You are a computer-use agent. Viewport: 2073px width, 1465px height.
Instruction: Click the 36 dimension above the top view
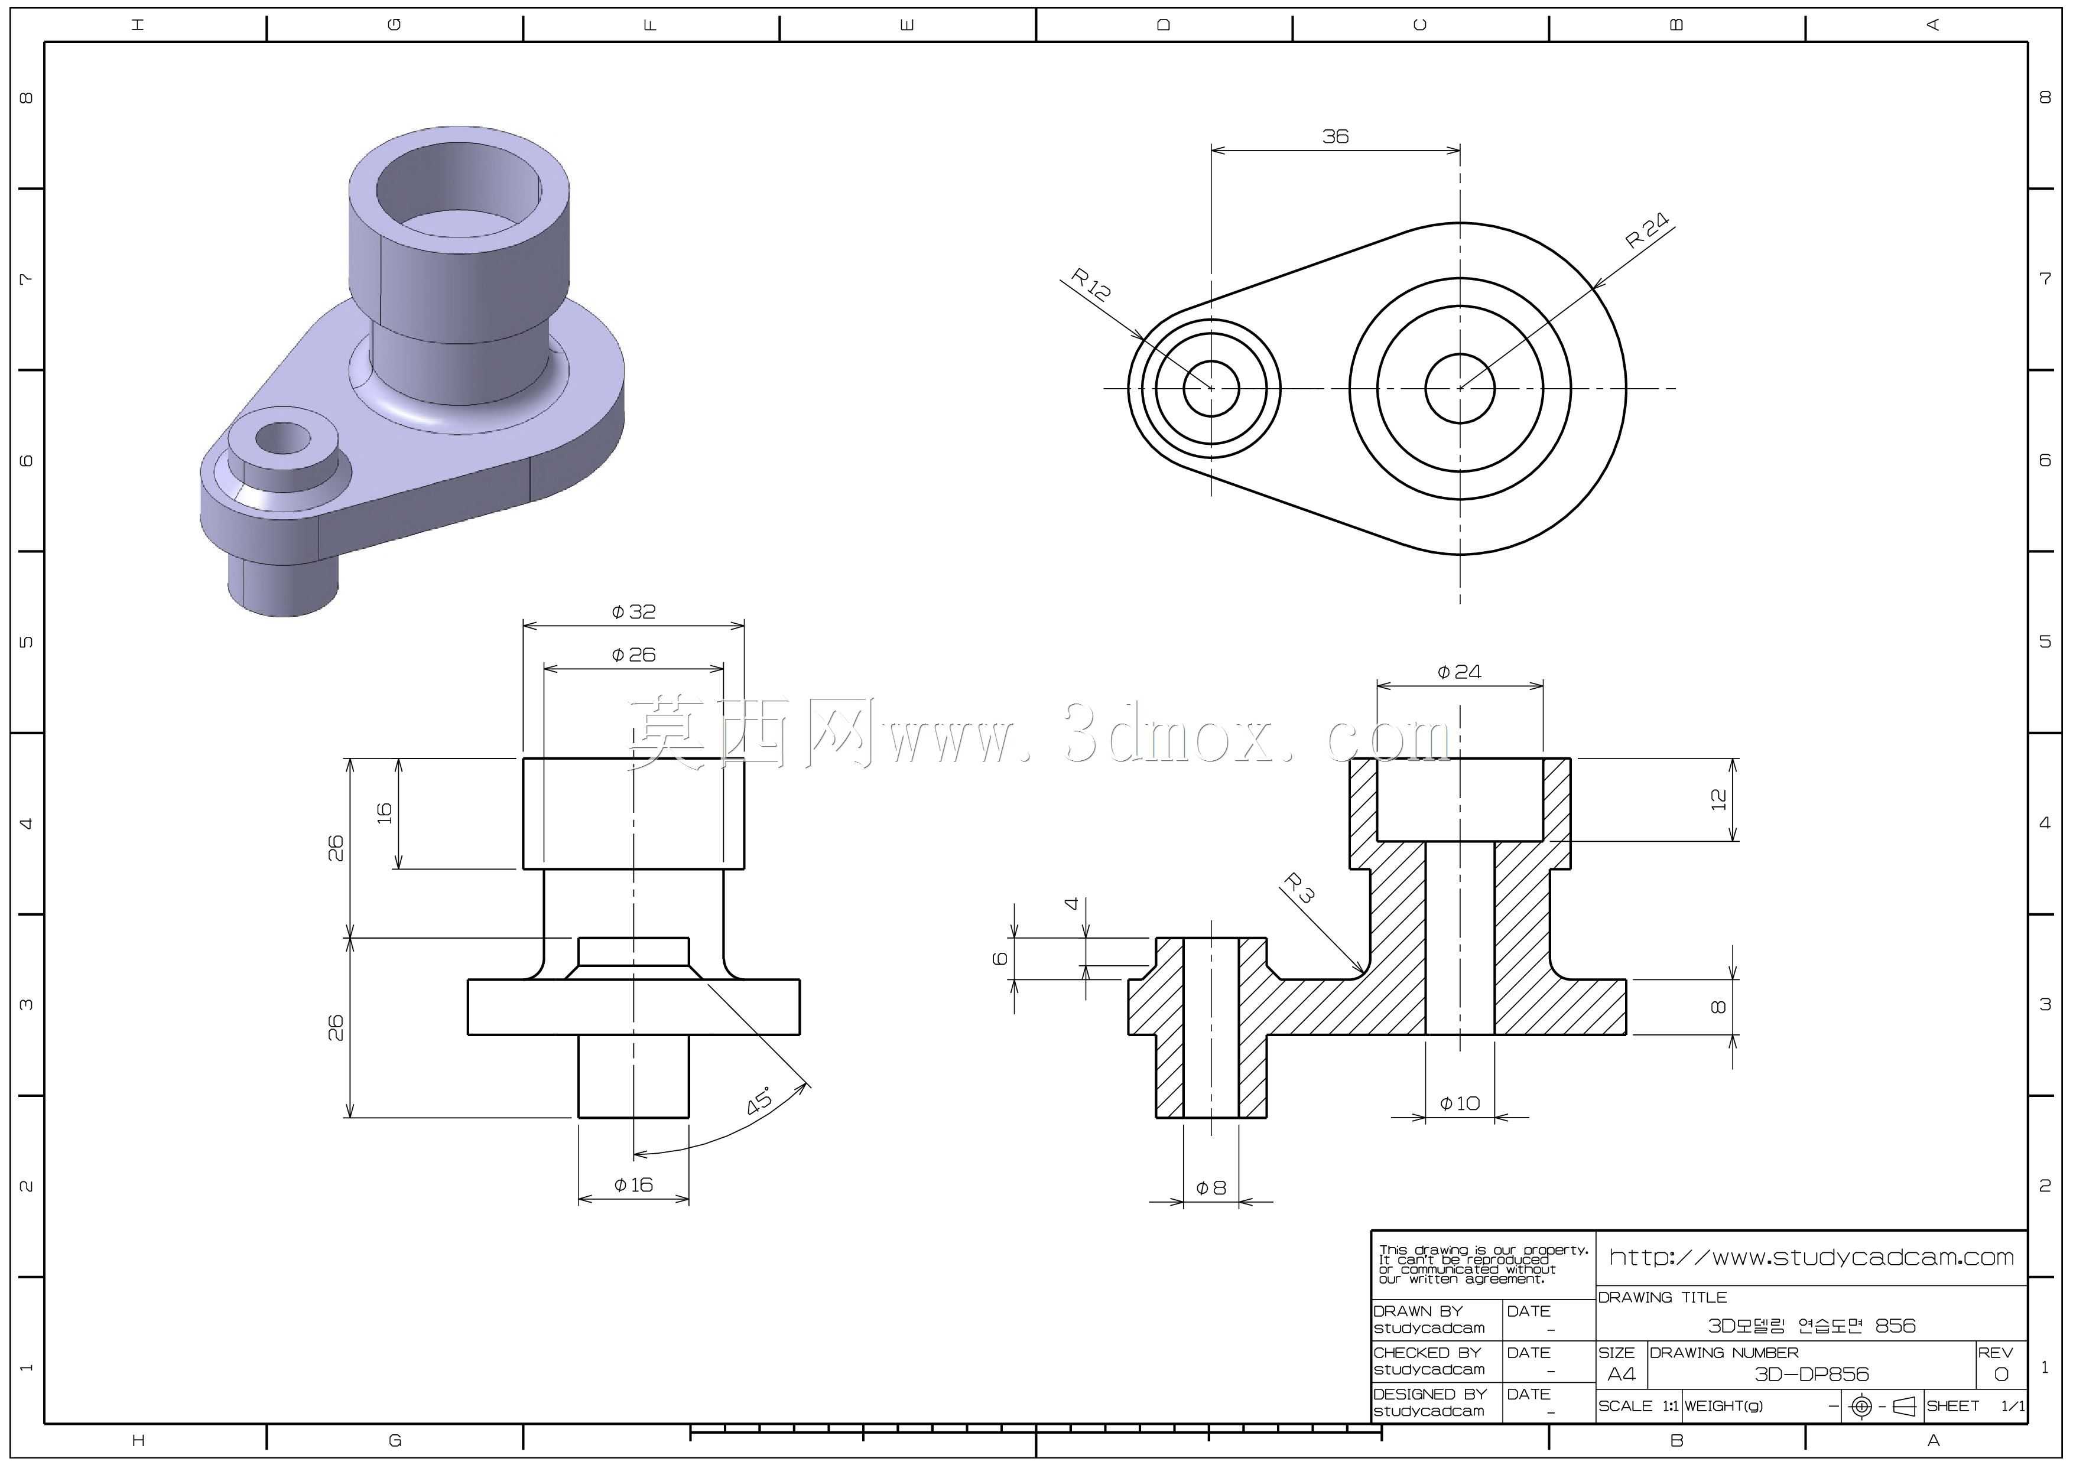[x=1336, y=136]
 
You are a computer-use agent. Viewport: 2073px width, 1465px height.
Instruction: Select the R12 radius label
[x=1091, y=284]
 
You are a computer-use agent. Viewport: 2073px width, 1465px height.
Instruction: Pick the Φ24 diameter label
[x=1459, y=672]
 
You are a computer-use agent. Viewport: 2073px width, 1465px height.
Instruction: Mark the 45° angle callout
[x=760, y=1101]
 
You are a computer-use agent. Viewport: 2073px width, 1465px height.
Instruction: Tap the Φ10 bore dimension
[x=1460, y=1103]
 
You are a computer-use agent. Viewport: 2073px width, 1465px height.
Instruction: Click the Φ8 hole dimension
[x=1211, y=1188]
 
